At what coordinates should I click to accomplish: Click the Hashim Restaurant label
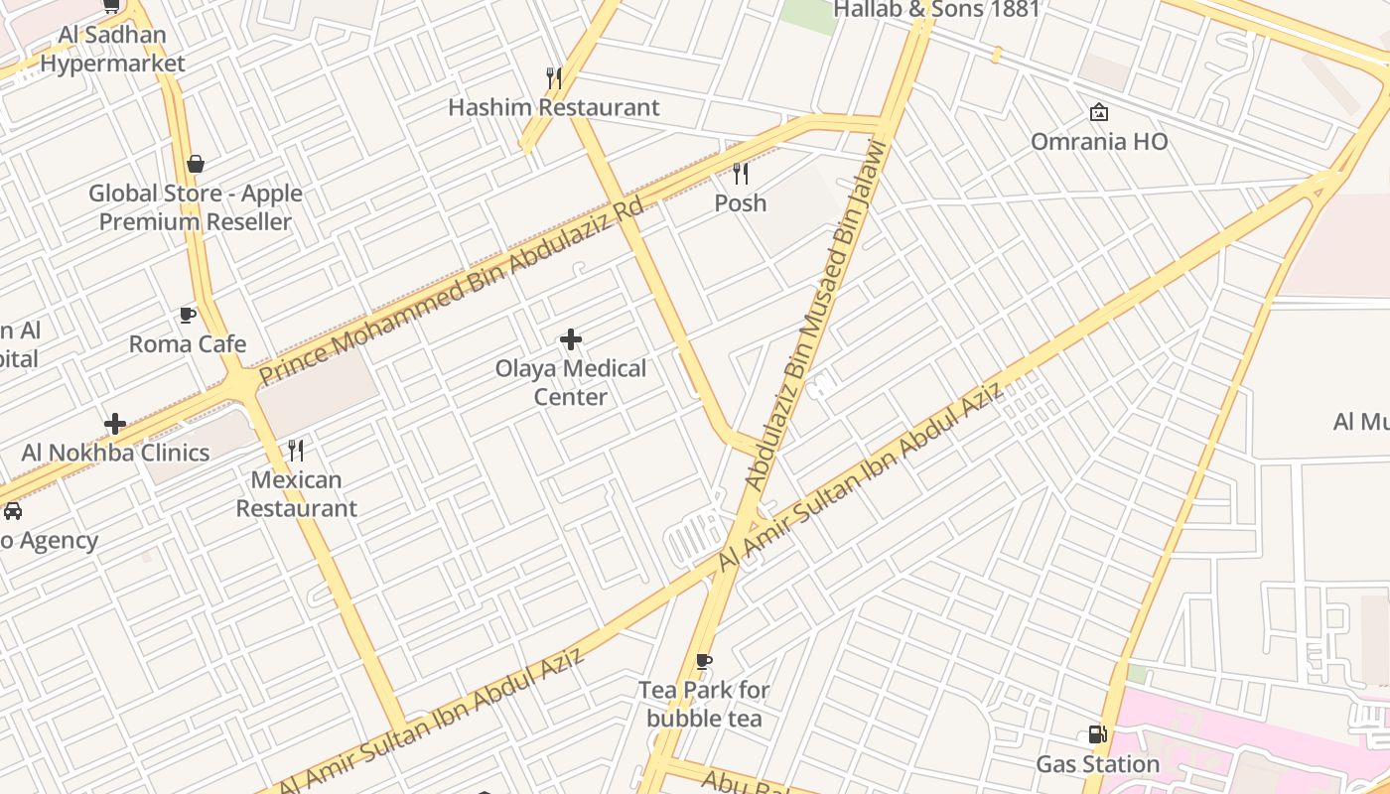(x=553, y=107)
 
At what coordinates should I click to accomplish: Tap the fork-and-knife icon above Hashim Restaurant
(x=554, y=76)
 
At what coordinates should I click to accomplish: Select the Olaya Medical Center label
(x=571, y=382)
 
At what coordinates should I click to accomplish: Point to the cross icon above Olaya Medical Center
(x=571, y=340)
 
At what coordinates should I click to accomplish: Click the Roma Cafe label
(x=188, y=344)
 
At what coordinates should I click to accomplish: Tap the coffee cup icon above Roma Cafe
(x=187, y=316)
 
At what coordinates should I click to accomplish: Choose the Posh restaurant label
(x=741, y=203)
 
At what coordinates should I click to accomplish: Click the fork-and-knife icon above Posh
(x=741, y=174)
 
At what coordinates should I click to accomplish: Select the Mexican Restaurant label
(x=296, y=493)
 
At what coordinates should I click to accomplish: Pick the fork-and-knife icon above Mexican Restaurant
(x=296, y=451)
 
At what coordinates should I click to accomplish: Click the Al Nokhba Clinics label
(x=115, y=453)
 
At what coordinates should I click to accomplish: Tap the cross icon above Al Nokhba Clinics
(x=115, y=424)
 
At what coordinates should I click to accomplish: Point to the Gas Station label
(x=1098, y=764)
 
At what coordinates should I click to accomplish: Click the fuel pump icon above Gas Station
(x=1098, y=734)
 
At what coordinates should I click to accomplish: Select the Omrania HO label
(x=1099, y=142)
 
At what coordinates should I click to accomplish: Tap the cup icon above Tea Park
(x=704, y=661)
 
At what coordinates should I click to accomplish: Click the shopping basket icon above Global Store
(x=196, y=164)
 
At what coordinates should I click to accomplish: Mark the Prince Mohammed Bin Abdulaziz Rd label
(x=451, y=290)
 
